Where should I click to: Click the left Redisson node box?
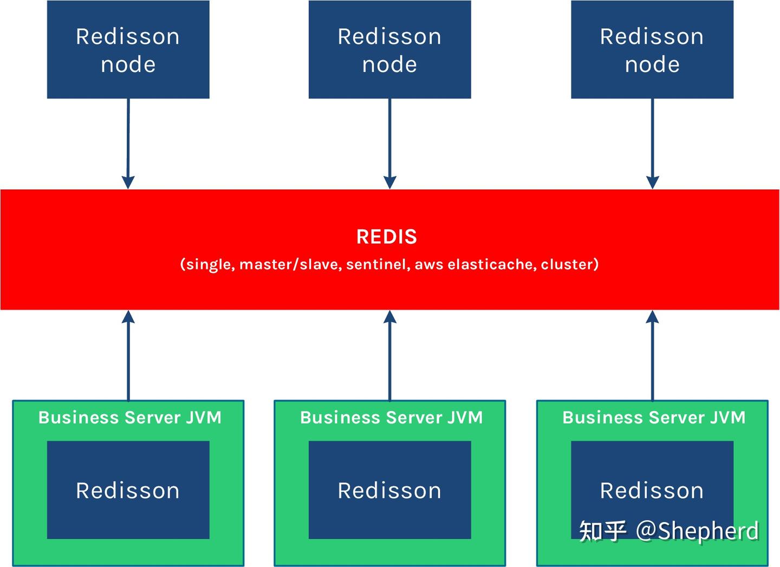(128, 50)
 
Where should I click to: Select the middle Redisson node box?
(389, 50)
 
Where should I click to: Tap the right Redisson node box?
(652, 50)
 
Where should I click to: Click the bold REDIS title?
(387, 237)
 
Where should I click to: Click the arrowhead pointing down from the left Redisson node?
(128, 182)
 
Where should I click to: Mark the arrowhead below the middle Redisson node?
(390, 182)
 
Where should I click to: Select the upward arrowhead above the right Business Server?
(652, 317)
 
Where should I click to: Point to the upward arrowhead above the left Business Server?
(128, 317)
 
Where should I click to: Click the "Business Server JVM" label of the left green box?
(130, 418)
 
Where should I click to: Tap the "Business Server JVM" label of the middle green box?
(391, 418)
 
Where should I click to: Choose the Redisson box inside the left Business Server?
(128, 490)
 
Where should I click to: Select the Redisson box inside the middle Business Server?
(389, 490)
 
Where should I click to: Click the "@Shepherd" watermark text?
(697, 531)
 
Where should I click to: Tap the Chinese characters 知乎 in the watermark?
(602, 531)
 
